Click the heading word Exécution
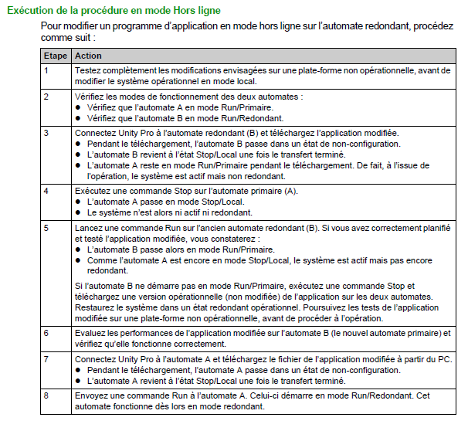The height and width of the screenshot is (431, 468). [32, 11]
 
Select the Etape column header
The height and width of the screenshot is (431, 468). [56, 56]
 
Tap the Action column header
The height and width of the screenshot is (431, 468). [88, 56]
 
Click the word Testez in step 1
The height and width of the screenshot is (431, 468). [88, 70]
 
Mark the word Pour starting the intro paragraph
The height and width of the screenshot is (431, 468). [52, 25]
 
